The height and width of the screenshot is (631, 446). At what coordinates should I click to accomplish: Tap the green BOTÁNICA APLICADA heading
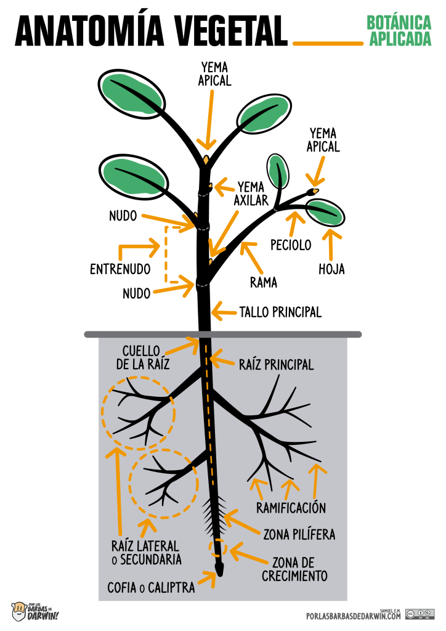click(399, 31)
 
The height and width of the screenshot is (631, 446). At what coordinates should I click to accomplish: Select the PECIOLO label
click(291, 245)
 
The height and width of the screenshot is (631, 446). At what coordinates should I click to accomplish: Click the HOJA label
click(331, 269)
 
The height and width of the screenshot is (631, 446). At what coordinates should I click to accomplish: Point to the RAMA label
click(264, 283)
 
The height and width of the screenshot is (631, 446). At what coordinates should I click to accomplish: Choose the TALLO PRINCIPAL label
click(280, 312)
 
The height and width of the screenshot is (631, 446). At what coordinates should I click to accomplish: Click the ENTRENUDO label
click(120, 269)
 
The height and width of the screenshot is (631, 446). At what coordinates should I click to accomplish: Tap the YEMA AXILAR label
click(251, 193)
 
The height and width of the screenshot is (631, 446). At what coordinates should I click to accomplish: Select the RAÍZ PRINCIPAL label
click(277, 365)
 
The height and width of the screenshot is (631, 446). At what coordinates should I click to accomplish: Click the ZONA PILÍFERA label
click(299, 534)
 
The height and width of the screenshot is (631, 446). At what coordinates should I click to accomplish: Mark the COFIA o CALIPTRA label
click(151, 588)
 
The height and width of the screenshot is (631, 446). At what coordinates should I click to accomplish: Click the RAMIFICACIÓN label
click(291, 508)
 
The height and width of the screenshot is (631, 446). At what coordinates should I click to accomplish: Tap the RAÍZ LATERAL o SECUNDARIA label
click(147, 553)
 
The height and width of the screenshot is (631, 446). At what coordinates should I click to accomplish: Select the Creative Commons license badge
click(420, 614)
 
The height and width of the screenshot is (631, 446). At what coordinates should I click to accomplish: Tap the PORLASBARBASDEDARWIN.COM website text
click(353, 616)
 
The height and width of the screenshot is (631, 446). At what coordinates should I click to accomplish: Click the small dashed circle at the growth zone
click(217, 547)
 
